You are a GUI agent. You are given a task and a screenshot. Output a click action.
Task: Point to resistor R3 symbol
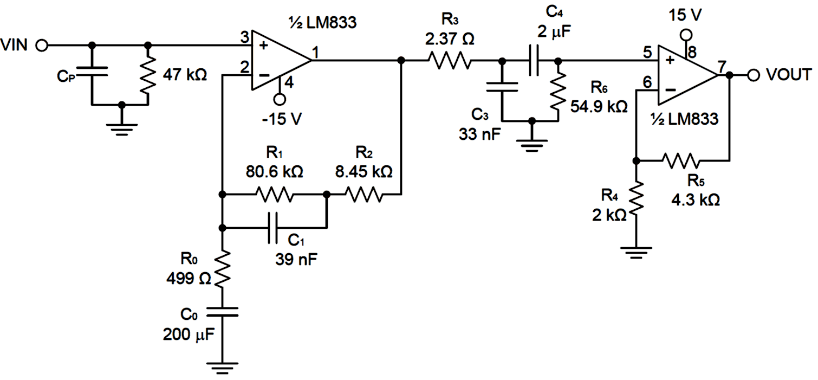tap(449, 60)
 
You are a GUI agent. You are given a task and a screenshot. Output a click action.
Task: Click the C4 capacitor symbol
tap(534, 60)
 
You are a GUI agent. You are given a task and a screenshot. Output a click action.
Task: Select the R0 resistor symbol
tap(222, 269)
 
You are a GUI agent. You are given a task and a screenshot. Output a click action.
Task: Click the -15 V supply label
tap(281, 119)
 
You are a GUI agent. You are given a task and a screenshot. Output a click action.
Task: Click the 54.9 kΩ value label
tap(599, 106)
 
